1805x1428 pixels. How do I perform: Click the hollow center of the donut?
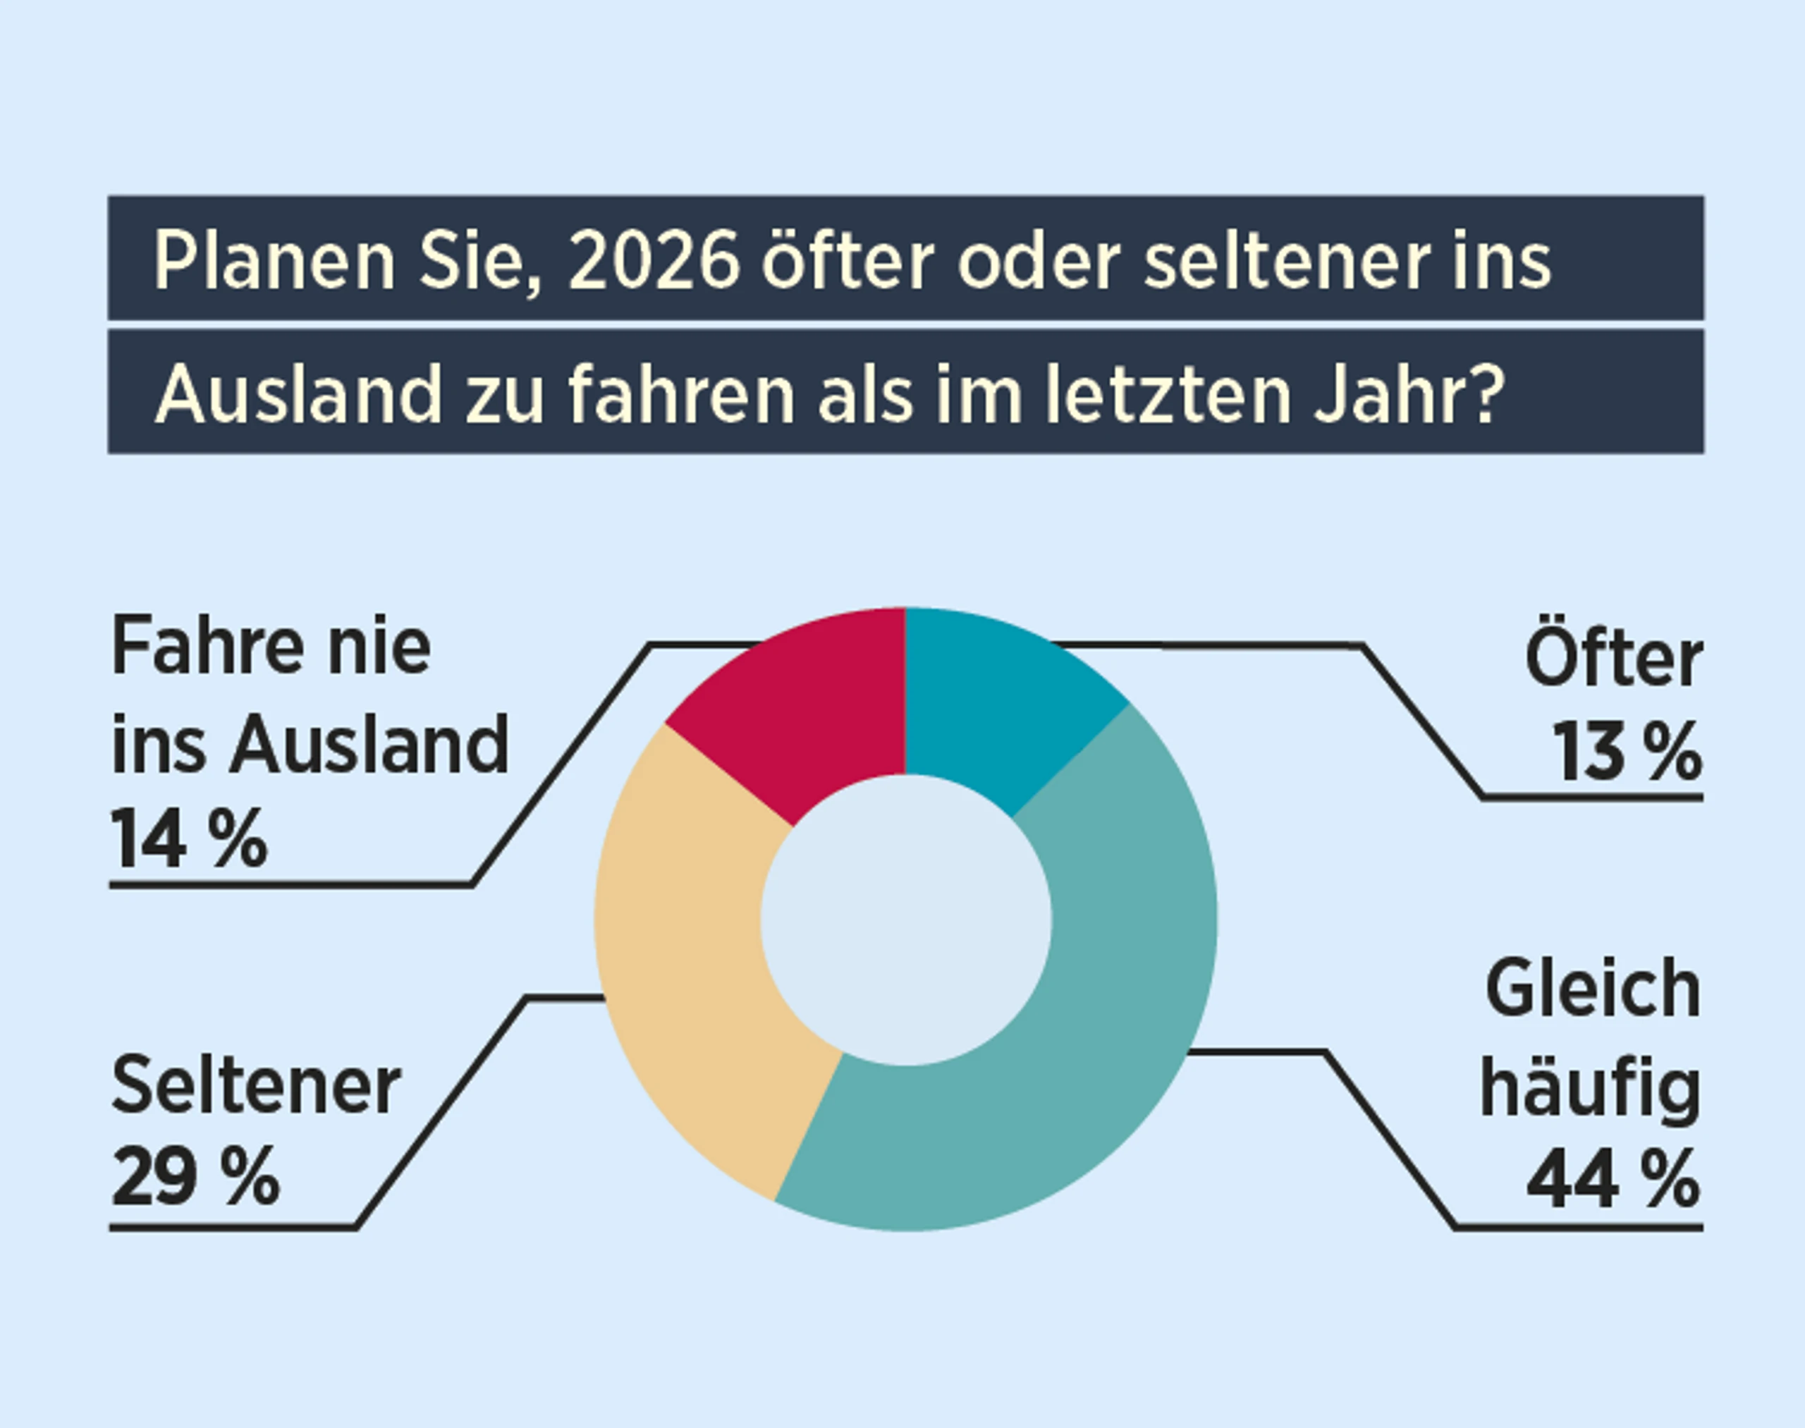(x=905, y=920)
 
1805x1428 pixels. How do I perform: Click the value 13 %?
(x=1626, y=752)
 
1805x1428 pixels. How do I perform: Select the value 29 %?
(x=194, y=1176)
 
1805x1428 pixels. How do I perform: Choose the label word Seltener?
(x=256, y=1085)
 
